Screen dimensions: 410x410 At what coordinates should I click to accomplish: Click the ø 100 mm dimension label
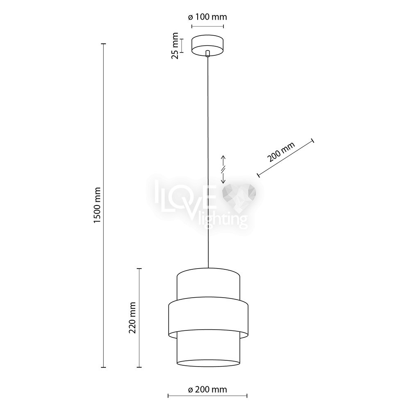(x=207, y=17)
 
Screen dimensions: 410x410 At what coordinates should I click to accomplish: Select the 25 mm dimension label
(x=175, y=46)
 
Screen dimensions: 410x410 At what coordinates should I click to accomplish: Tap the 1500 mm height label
(x=97, y=205)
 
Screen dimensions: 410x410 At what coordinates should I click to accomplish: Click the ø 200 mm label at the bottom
(x=207, y=389)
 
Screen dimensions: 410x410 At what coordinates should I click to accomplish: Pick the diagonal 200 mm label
(x=281, y=152)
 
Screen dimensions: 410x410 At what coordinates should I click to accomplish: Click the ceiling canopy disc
(x=207, y=45)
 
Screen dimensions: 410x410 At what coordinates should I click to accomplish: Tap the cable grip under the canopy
(x=207, y=53)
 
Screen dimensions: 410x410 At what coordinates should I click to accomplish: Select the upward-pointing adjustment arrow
(x=223, y=161)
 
